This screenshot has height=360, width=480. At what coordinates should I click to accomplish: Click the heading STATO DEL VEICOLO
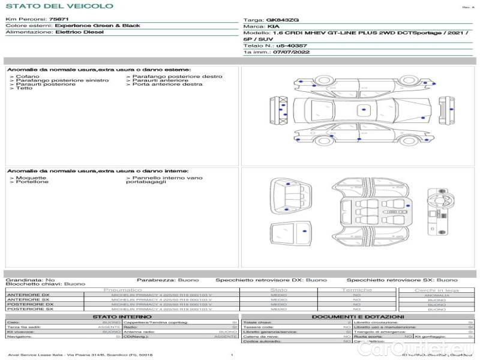(59, 6)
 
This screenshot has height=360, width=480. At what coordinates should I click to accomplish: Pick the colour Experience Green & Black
(97, 26)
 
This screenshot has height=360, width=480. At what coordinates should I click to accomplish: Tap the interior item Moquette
(31, 178)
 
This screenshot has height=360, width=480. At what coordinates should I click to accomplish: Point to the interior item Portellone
(32, 182)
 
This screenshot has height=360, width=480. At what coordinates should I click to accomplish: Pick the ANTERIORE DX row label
(28, 295)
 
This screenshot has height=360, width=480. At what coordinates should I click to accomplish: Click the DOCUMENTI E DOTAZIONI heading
(358, 316)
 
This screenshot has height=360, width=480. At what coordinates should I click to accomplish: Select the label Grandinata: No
(30, 280)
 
